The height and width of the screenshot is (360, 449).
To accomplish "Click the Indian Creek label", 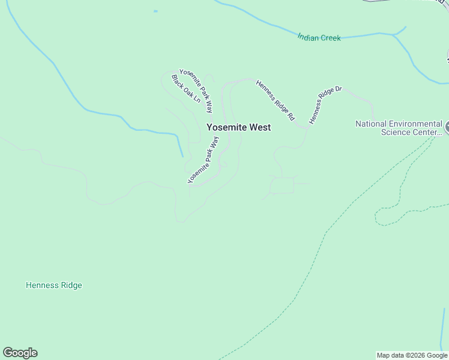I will pos(319,38).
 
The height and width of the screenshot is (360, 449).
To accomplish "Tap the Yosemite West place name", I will pos(238,127).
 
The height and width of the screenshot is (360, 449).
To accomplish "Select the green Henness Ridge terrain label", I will pos(54,286).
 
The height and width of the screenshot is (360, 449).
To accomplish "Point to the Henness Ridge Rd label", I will pos(276,101).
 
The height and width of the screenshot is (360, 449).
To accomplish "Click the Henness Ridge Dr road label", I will pos(325,106).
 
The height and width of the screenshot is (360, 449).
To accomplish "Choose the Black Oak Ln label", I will pos(185,88).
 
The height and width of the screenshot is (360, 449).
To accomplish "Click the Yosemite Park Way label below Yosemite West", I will pos(203,160).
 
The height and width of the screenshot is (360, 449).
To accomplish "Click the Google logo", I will pos(20,353).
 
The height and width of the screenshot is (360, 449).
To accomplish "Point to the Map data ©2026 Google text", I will pos(412,355).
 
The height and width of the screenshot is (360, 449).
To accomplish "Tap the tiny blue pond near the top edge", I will pos(155,11).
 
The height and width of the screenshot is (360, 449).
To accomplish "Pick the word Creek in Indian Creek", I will pos(330,38).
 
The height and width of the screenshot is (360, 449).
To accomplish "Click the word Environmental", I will pos(417,124).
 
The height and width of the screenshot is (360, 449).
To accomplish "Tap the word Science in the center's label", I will pos(396,133).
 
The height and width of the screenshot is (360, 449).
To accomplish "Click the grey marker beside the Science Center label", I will pos(447,127).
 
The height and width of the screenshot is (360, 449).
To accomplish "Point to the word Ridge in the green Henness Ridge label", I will pos(70,286).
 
